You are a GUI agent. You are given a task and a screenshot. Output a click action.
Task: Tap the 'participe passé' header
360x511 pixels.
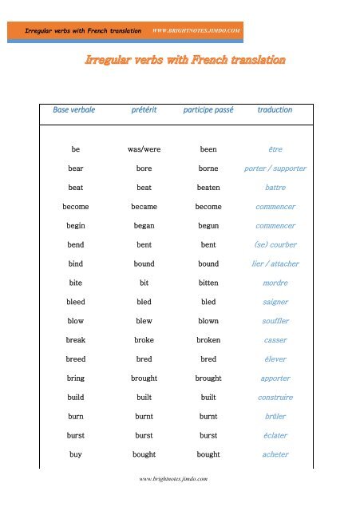[208, 110]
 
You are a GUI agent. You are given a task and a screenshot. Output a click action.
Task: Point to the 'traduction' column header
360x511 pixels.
[275, 110]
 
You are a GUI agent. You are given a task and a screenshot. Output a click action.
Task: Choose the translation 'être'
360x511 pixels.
[275, 149]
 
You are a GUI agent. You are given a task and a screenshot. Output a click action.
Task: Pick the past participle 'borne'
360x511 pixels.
[208, 168]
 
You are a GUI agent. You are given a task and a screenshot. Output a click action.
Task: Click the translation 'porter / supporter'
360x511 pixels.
[275, 168]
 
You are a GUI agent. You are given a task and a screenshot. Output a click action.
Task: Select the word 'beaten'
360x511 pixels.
[208, 188]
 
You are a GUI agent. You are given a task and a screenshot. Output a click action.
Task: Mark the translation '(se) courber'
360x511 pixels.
[275, 244]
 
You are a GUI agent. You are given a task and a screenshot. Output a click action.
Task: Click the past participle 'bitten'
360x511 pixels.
[208, 283]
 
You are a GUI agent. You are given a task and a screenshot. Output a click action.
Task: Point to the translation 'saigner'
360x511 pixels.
[275, 302]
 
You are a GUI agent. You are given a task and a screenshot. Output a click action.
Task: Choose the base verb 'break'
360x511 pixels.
[75, 340]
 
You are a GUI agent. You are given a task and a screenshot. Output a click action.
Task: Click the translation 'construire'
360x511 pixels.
[275, 397]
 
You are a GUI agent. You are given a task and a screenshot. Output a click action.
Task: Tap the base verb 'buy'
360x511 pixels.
[75, 454]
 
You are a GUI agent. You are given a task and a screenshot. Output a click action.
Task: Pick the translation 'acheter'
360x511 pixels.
[275, 454]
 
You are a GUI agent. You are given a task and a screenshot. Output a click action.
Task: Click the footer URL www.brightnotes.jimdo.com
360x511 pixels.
[174, 479]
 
